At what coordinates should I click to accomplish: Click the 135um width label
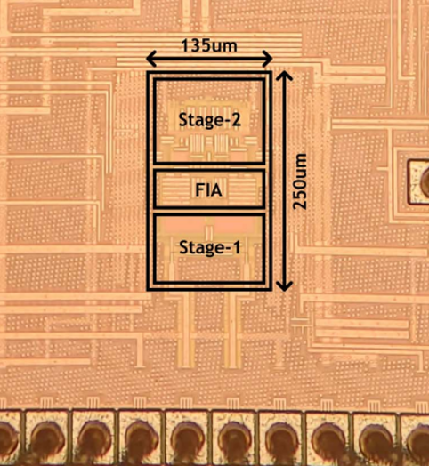tap(209, 45)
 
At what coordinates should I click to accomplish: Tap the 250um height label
tap(299, 181)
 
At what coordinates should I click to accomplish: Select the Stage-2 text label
tap(209, 120)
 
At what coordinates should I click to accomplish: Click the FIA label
tap(208, 189)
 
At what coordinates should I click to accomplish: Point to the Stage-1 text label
tap(210, 247)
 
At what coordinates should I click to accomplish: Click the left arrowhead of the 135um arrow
tap(151, 59)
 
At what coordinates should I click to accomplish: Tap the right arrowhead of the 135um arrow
tap(267, 59)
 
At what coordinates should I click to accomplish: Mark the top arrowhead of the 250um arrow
tap(285, 76)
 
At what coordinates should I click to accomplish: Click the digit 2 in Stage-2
tap(236, 120)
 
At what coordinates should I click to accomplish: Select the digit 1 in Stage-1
tap(237, 247)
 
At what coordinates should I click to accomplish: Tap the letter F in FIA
tap(199, 189)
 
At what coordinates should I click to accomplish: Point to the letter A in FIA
tap(216, 189)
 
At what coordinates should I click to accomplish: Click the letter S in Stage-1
tap(184, 247)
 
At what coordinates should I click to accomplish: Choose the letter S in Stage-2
tap(183, 120)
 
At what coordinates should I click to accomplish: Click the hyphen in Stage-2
tap(227, 122)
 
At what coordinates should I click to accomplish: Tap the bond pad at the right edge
tap(418, 182)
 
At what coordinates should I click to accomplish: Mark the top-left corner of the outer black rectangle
tap(148, 72)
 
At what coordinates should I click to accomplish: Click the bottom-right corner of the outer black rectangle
tap(271, 289)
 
